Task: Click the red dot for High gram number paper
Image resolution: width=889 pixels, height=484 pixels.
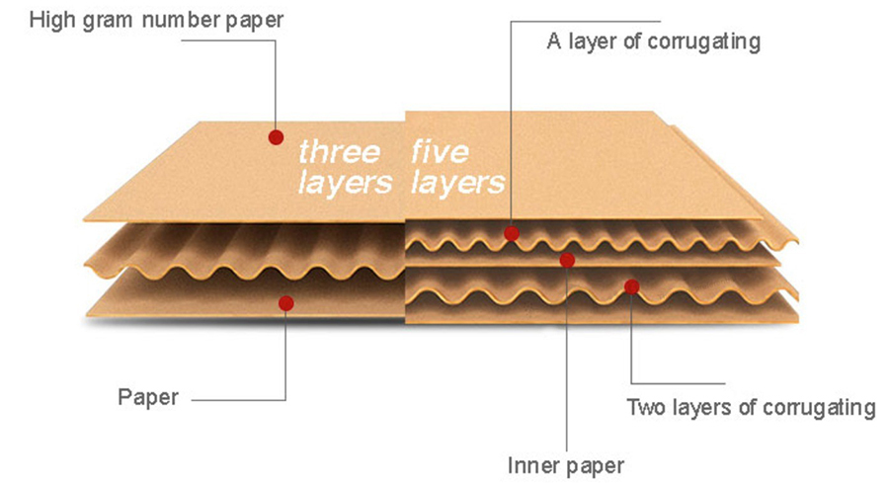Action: [x=277, y=137]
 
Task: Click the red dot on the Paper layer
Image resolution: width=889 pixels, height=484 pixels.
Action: [x=285, y=303]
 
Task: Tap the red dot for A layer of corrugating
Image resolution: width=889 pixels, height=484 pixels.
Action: [x=511, y=233]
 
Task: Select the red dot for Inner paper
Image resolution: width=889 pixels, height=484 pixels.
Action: [x=567, y=260]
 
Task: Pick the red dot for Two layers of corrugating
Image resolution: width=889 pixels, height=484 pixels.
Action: [x=631, y=286]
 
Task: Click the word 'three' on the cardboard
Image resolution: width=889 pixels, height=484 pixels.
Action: [x=338, y=152]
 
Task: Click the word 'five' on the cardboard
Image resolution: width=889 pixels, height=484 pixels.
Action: [x=442, y=152]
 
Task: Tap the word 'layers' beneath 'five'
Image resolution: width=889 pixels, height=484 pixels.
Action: [x=457, y=183]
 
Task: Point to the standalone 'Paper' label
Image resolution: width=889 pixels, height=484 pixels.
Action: [x=148, y=398]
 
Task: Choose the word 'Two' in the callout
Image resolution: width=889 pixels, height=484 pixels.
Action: [x=644, y=407]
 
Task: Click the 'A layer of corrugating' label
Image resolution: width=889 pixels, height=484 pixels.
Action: [x=653, y=41]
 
